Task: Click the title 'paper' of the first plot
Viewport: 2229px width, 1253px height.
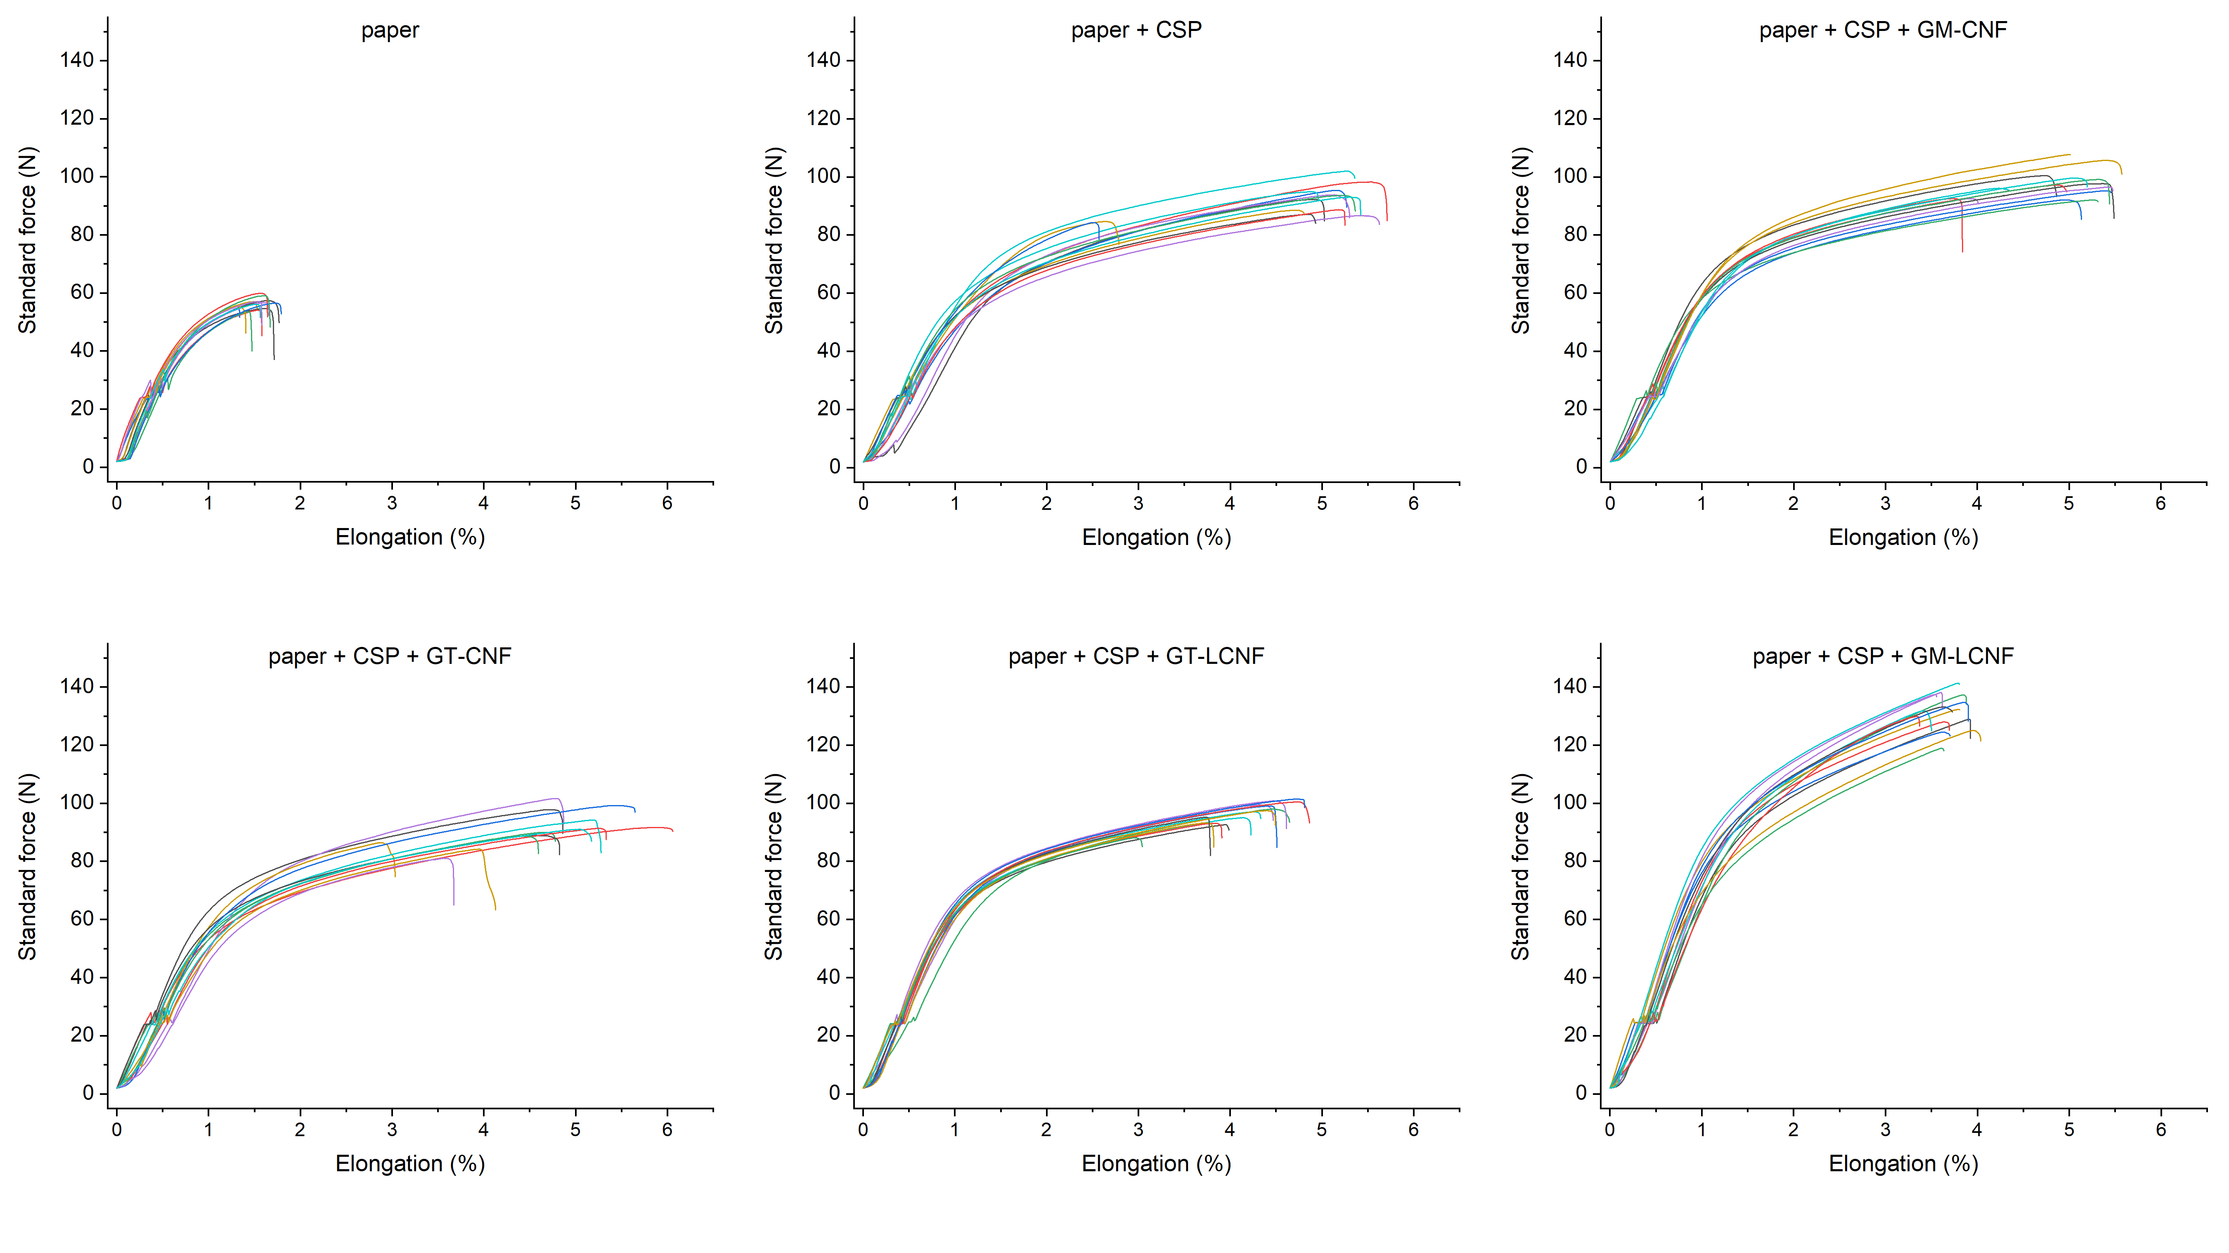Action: (389, 30)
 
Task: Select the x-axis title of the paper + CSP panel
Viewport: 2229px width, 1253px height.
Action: (1156, 538)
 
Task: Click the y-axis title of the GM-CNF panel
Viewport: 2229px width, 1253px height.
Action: (1520, 241)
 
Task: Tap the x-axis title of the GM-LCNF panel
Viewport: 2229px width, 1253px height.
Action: (1903, 1164)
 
